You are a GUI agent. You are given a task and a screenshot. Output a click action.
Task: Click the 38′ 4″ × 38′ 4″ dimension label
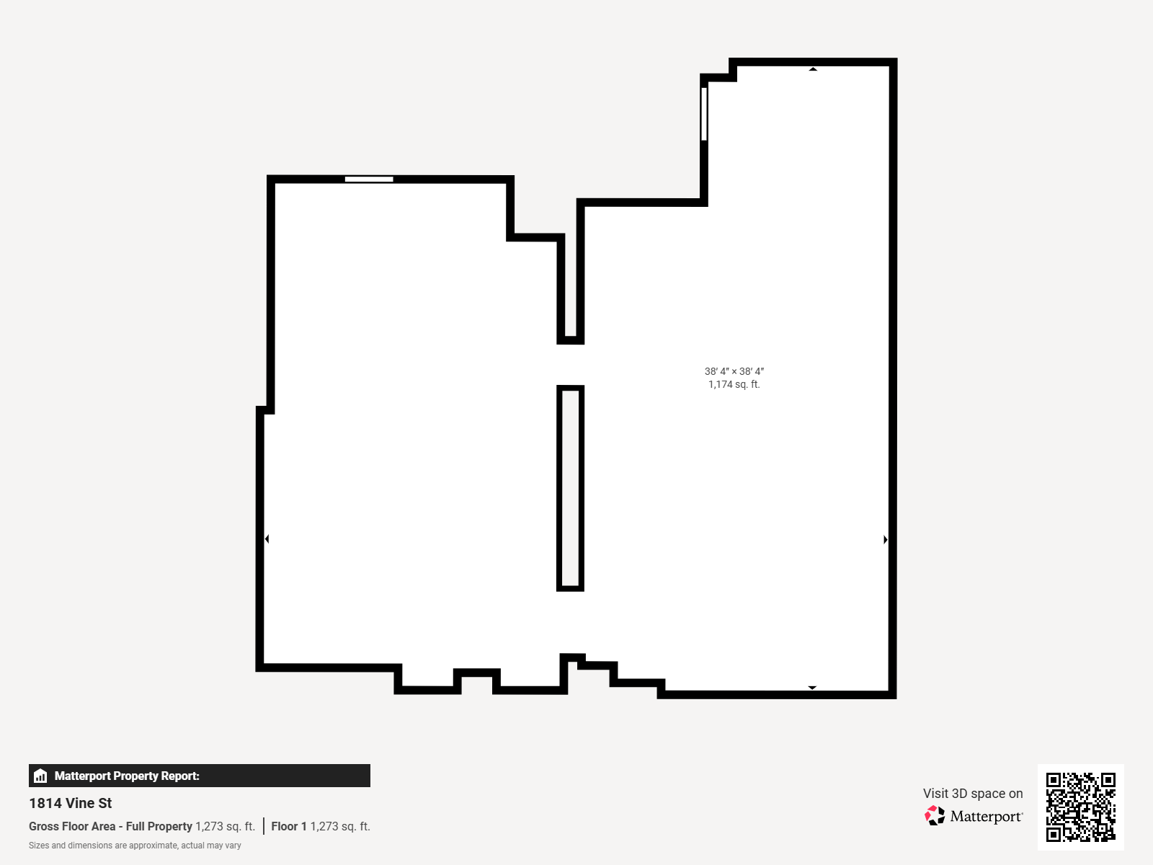point(734,371)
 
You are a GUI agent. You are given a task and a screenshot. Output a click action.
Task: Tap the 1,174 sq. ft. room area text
point(734,384)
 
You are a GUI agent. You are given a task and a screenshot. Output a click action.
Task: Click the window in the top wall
point(369,179)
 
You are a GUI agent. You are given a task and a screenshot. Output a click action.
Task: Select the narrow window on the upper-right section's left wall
point(704,114)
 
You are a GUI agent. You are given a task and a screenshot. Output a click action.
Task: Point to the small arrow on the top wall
point(813,68)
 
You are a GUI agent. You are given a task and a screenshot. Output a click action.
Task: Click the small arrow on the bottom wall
point(812,688)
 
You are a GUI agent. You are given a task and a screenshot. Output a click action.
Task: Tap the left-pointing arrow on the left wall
point(267,539)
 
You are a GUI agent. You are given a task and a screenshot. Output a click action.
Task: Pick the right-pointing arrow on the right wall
point(885,539)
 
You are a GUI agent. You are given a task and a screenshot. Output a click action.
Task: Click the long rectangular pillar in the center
point(571,489)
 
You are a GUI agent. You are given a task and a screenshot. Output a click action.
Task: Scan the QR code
point(1080,807)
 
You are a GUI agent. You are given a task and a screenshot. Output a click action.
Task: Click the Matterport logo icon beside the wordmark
point(935,816)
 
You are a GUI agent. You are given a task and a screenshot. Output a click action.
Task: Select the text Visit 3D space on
point(973,793)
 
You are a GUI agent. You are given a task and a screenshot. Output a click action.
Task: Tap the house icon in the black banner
point(40,776)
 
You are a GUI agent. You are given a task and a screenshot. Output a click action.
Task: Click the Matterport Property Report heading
point(127,776)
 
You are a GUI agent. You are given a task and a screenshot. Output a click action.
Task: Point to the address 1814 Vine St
point(71,803)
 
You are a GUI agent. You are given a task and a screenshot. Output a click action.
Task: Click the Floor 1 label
point(289,826)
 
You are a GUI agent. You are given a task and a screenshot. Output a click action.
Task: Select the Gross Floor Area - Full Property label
point(110,826)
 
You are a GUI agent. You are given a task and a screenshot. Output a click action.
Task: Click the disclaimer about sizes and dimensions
point(135,846)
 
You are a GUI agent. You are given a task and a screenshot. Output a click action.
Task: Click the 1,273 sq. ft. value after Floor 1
point(340,826)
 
